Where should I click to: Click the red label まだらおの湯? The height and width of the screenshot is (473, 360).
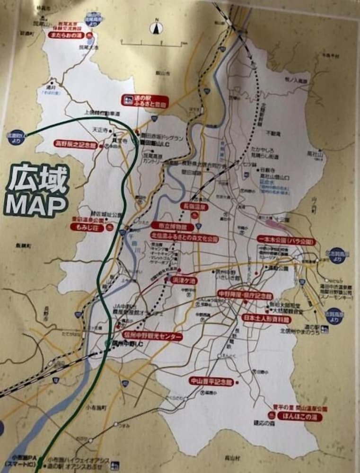click(66, 35)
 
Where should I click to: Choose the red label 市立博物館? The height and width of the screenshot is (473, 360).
click(173, 226)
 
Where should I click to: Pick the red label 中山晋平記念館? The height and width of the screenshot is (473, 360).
click(212, 381)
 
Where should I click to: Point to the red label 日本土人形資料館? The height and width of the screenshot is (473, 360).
click(266, 319)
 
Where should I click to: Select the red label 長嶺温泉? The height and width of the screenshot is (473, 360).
click(195, 207)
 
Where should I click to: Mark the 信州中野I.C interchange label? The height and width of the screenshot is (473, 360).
click(126, 343)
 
